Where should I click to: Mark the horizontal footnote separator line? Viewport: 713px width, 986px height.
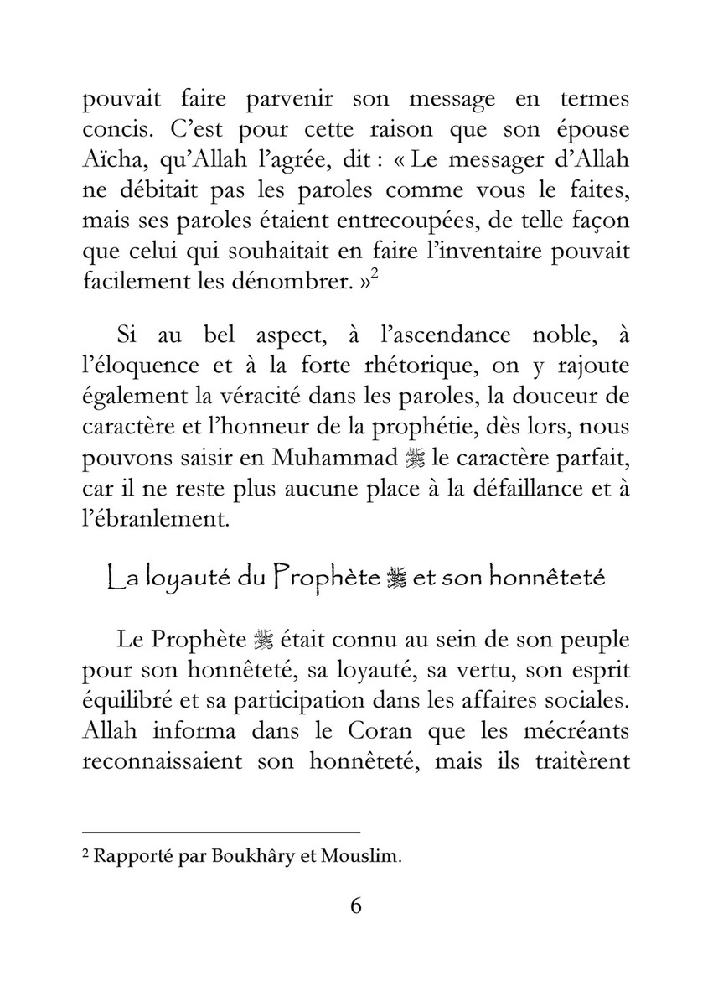click(221, 833)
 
